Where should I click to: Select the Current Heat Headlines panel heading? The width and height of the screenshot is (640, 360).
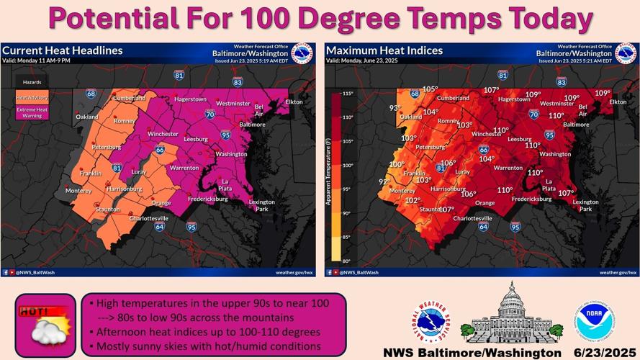pos(63,50)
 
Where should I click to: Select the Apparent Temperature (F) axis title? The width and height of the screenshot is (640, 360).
pos(328,177)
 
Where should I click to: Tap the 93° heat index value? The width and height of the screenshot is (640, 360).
pos(395,109)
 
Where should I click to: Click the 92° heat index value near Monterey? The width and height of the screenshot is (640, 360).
pos(384,182)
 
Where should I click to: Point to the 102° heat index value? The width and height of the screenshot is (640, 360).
pos(413,201)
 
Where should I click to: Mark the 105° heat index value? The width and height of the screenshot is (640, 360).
pos(430,89)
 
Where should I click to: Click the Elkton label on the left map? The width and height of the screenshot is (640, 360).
pos(294,102)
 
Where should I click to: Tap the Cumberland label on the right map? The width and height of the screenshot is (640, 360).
pos(454,98)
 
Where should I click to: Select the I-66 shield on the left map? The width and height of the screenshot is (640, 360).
pos(160,150)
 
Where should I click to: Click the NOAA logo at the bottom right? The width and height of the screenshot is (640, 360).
pos(594,323)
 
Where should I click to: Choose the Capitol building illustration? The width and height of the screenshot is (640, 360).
pos(511,314)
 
